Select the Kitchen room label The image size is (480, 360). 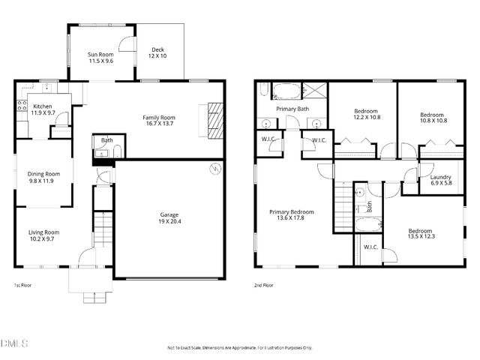pyautogui.click(x=43, y=109)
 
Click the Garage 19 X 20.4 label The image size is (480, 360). pyautogui.click(x=169, y=217)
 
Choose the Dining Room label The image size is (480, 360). pyautogui.click(x=43, y=177)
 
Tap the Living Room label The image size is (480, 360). pyautogui.click(x=44, y=235)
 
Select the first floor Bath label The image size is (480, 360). pyautogui.click(x=107, y=139)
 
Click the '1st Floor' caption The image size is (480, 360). pyautogui.click(x=22, y=285)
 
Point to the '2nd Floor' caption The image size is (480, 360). pyautogui.click(x=263, y=285)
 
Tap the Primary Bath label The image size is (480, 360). pyautogui.click(x=292, y=109)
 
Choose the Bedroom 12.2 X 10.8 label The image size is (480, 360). pyautogui.click(x=367, y=114)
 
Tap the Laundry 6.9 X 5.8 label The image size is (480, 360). pyautogui.click(x=440, y=180)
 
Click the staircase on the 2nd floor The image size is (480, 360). pyautogui.click(x=344, y=202)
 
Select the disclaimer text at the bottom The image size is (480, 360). pyautogui.click(x=239, y=348)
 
